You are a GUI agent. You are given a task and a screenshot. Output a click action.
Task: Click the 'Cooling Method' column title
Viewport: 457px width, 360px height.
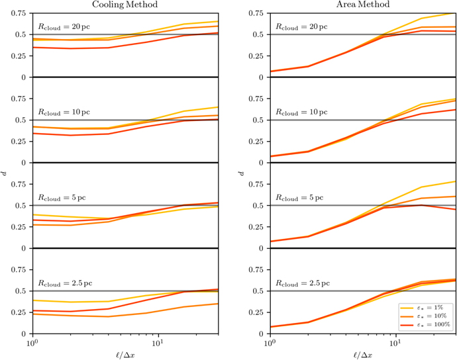point(125,5)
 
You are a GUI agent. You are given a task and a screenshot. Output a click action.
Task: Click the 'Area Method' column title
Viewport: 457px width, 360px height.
point(363,5)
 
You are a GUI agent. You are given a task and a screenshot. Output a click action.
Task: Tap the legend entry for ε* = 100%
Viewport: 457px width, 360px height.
point(425,324)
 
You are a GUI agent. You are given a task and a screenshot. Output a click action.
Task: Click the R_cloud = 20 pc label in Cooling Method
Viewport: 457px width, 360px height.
point(64,26)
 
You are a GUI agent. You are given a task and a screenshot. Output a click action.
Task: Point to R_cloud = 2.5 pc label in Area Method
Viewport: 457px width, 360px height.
point(303,283)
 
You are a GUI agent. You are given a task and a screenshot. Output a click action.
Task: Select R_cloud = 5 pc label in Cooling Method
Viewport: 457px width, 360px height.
point(62,198)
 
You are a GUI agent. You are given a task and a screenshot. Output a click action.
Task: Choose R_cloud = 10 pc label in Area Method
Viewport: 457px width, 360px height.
point(301,112)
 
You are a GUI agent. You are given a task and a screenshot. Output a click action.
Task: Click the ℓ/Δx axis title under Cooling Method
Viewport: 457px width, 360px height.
point(125,355)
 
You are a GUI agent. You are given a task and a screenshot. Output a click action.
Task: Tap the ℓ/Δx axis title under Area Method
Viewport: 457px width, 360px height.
point(363,355)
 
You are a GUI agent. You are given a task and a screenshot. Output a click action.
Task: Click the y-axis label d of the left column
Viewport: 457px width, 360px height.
point(4,173)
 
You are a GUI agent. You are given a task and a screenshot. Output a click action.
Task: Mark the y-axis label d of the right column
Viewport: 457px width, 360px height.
point(241,173)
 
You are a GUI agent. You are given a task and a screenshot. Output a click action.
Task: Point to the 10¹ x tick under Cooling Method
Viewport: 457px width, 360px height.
point(158,342)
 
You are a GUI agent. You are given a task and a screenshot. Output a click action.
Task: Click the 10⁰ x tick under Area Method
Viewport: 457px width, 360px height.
point(270,342)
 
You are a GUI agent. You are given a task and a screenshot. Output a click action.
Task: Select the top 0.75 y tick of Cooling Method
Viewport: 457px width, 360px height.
point(19,13)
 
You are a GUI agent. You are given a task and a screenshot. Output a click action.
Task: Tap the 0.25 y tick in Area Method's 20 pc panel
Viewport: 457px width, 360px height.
point(256,56)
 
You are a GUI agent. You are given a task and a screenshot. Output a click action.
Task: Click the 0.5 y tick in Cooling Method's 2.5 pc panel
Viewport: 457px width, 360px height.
point(21,291)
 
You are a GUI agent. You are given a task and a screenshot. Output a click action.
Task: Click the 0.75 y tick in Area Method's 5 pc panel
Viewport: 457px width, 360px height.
point(256,184)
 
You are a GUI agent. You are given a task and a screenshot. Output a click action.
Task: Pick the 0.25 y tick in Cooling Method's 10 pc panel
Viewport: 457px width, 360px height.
point(19,141)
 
